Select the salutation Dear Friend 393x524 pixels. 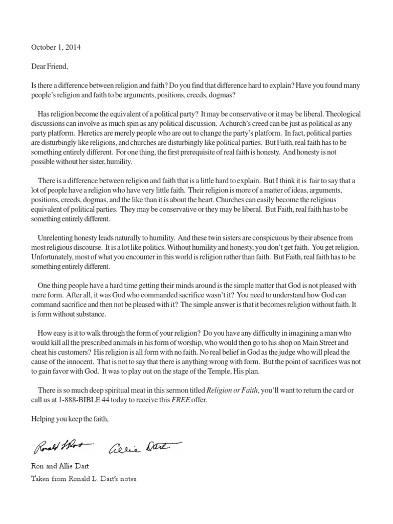[46, 66]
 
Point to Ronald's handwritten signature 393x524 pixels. [62, 447]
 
